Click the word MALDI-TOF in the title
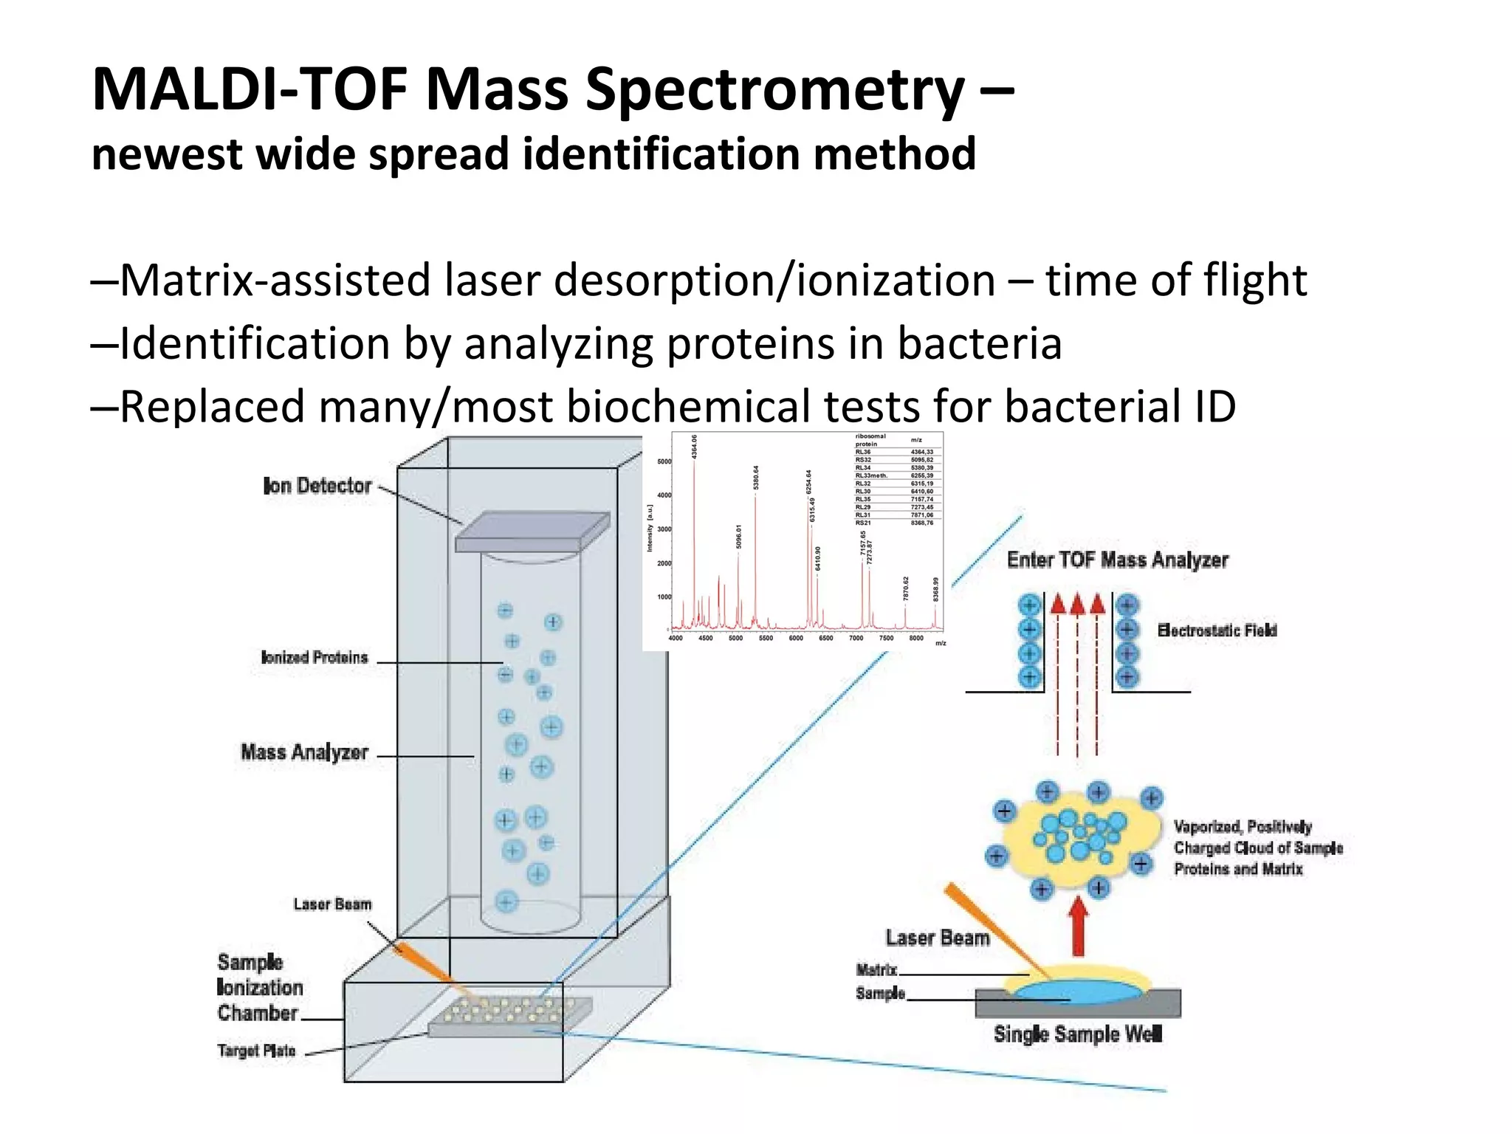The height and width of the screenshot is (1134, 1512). tap(250, 90)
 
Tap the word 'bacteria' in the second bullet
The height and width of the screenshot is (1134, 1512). tap(979, 344)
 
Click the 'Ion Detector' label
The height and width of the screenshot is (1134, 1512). tap(317, 486)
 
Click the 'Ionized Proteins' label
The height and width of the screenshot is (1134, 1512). tap(315, 658)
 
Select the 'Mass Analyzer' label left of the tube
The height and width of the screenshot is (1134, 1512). tap(304, 752)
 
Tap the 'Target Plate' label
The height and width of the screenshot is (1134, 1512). tap(256, 1050)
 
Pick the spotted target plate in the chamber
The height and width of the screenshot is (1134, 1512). tap(509, 1015)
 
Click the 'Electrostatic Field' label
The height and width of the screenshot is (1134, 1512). tap(1217, 630)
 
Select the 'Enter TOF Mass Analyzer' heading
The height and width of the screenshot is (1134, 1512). tap(1117, 560)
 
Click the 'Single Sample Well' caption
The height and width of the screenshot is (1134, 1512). tap(1078, 1034)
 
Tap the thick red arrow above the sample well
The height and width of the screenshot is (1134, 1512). tap(1079, 926)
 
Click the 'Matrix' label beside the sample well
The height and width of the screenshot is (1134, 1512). tap(876, 969)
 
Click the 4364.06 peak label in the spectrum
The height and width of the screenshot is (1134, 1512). tap(694, 447)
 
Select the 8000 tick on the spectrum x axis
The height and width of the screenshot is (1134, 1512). tap(915, 639)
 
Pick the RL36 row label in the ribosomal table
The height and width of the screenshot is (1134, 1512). tap(863, 452)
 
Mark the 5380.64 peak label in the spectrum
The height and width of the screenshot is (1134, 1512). tap(756, 477)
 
